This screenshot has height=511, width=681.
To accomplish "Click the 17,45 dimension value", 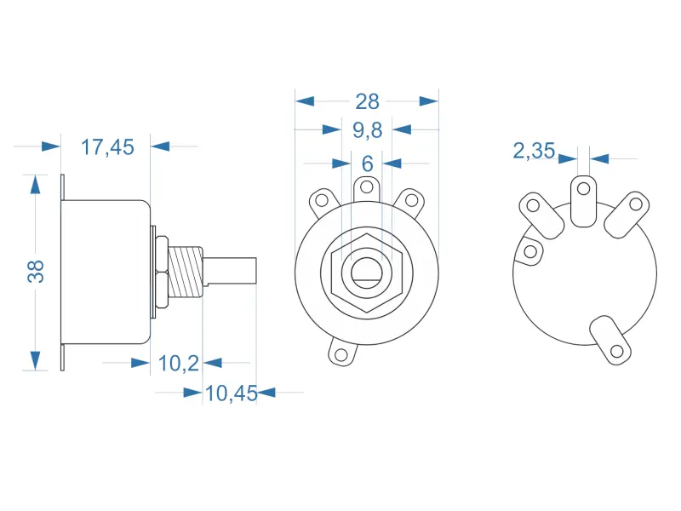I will click(107, 147).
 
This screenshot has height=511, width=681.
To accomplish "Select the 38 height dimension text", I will click(36, 271).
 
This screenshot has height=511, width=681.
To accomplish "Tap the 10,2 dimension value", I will click(179, 364).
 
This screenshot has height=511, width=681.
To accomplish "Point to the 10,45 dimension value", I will click(231, 393).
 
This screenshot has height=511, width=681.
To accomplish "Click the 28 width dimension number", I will click(367, 101).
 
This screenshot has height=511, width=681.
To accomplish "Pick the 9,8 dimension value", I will click(367, 130).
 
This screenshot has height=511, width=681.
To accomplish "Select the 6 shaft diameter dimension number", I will click(367, 163).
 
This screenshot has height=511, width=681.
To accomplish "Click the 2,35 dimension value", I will click(534, 152).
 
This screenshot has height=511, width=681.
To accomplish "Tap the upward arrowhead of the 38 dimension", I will click(35, 185).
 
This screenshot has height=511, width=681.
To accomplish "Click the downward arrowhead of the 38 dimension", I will click(35, 360).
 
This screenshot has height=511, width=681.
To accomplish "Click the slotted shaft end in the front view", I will click(366, 272).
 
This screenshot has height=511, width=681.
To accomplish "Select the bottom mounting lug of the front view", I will click(343, 353).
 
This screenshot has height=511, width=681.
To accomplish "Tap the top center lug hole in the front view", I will click(366, 186).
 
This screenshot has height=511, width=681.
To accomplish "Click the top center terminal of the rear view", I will click(584, 199).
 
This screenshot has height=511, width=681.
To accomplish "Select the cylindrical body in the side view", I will click(107, 272).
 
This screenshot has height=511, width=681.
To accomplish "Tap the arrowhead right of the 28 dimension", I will click(428, 101).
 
